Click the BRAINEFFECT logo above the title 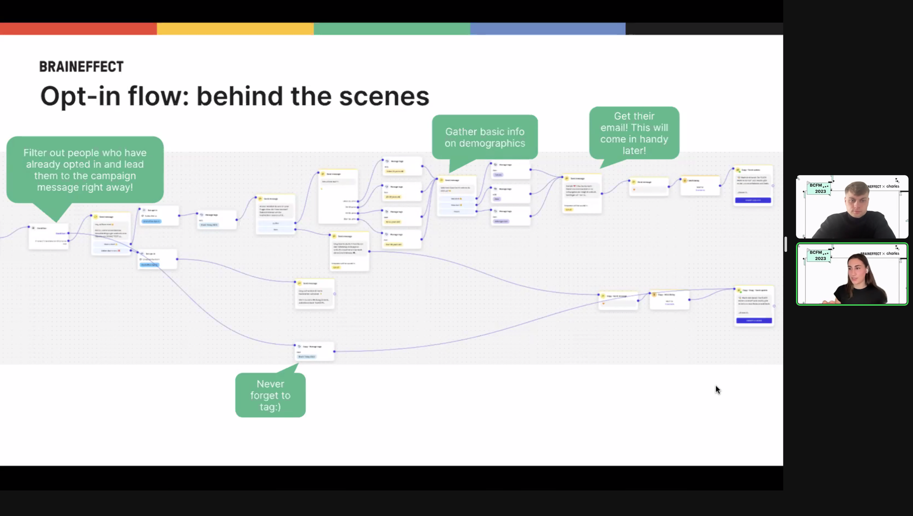pyautogui.click(x=81, y=67)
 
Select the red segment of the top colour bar pyautogui.click(x=78, y=29)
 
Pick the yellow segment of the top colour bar pyautogui.click(x=235, y=29)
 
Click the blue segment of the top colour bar pyautogui.click(x=548, y=29)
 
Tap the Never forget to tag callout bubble pyautogui.click(x=270, y=395)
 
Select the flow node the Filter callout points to pyautogui.click(x=48, y=236)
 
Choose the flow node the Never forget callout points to pyautogui.click(x=315, y=352)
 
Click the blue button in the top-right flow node pyautogui.click(x=753, y=200)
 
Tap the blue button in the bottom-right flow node pyautogui.click(x=754, y=321)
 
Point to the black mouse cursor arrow pyautogui.click(x=717, y=389)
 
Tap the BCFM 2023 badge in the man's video pyautogui.click(x=819, y=188)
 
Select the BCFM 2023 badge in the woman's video pyautogui.click(x=819, y=255)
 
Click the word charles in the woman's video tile pyautogui.click(x=893, y=253)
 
